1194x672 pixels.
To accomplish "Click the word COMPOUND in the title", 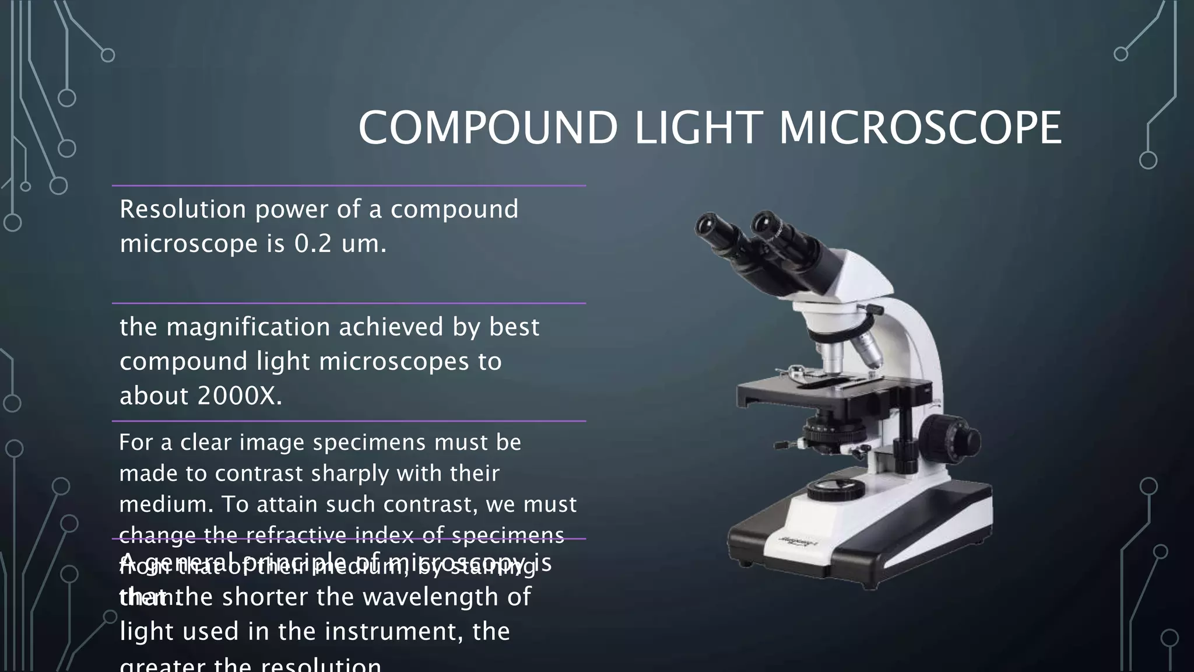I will [487, 128].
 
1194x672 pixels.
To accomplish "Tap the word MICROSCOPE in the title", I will [919, 128].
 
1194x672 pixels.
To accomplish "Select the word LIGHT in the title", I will [697, 128].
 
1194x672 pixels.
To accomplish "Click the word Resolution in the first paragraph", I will [182, 209].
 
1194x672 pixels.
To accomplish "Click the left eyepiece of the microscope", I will [712, 225].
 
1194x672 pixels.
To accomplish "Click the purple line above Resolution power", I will [349, 185].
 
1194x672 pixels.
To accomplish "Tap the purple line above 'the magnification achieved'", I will [349, 303].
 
